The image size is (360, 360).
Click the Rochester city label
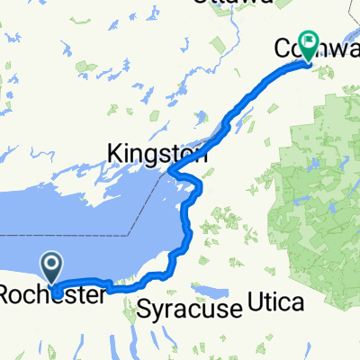(x=54, y=294)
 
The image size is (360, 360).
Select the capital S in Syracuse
(x=147, y=310)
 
